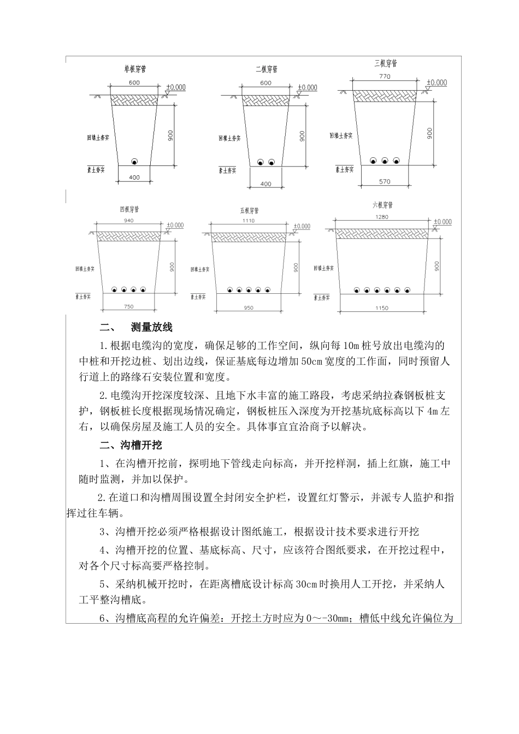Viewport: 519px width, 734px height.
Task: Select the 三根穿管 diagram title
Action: tap(385, 63)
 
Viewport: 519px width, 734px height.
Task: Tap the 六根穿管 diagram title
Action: tap(382, 205)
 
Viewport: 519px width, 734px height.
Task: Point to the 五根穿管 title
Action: tap(249, 211)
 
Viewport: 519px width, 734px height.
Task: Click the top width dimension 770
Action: tap(385, 77)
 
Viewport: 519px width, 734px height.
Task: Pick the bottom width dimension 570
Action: tap(385, 181)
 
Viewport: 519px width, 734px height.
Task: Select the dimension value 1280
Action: tap(382, 217)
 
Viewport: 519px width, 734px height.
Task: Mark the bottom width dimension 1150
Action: tap(382, 309)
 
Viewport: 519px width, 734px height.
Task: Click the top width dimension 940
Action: tap(129, 221)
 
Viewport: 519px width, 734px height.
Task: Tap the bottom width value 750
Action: tap(129, 306)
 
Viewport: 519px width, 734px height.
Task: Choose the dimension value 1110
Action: tap(249, 220)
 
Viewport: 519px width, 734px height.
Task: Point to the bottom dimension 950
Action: tap(249, 308)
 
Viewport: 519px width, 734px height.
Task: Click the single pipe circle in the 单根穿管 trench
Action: tap(134, 161)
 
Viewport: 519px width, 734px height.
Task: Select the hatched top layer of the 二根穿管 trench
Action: tap(266, 99)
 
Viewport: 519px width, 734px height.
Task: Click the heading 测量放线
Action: tap(151, 328)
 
